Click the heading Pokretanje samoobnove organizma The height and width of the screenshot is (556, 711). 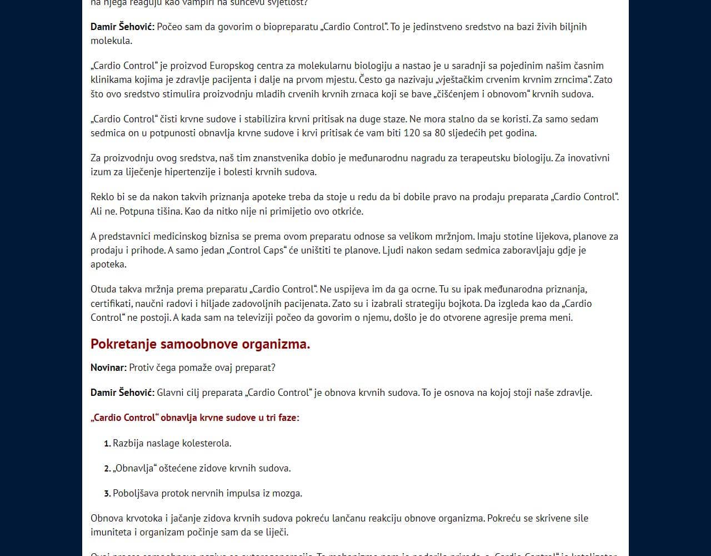tap(200, 344)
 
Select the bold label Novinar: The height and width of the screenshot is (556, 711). tap(108, 368)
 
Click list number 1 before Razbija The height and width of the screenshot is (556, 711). tap(107, 444)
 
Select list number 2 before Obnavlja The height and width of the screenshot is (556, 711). tap(107, 469)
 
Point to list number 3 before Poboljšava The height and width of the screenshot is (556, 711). tap(107, 494)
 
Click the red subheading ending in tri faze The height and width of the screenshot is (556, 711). tap(195, 418)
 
